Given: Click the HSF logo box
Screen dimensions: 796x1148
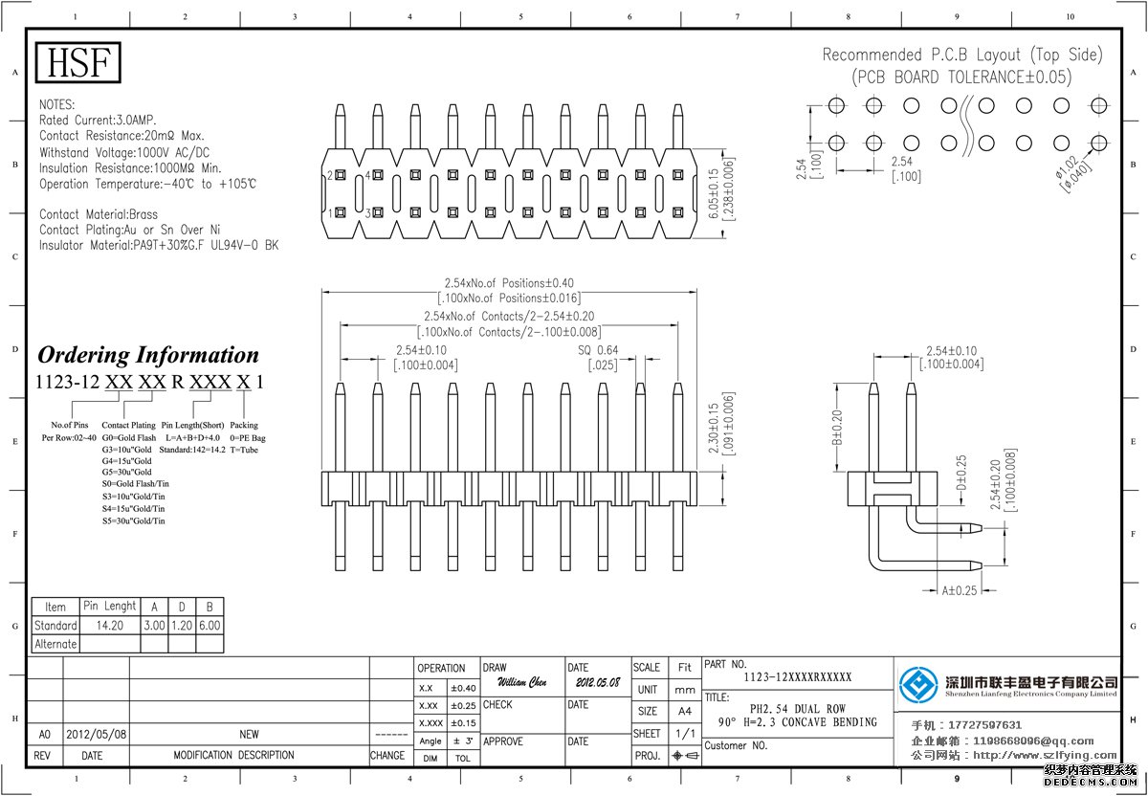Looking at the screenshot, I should pyautogui.click(x=79, y=63).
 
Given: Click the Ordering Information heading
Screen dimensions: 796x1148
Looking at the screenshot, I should pyautogui.click(x=148, y=355).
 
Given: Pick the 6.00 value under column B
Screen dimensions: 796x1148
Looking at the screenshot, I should pyautogui.click(x=210, y=626).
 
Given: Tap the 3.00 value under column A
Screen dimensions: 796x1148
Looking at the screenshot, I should pyautogui.click(x=154, y=626).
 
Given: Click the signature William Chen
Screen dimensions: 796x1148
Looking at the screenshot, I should pyautogui.click(x=521, y=683).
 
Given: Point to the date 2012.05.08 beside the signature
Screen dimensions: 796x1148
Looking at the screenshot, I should pyautogui.click(x=598, y=684).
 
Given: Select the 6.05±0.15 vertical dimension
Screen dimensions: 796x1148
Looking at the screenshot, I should pyautogui.click(x=714, y=195).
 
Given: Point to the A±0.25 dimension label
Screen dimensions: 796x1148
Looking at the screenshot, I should pyautogui.click(x=960, y=590).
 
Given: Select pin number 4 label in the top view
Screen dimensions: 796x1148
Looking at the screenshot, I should pyautogui.click(x=368, y=176).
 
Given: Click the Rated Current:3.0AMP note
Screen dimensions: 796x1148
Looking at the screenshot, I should pyautogui.click(x=98, y=121).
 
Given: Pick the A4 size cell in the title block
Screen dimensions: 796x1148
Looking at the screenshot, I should pyautogui.click(x=685, y=712).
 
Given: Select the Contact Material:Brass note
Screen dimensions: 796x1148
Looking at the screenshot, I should pyautogui.click(x=99, y=214).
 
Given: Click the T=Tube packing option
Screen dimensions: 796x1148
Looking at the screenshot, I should pyautogui.click(x=244, y=450).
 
